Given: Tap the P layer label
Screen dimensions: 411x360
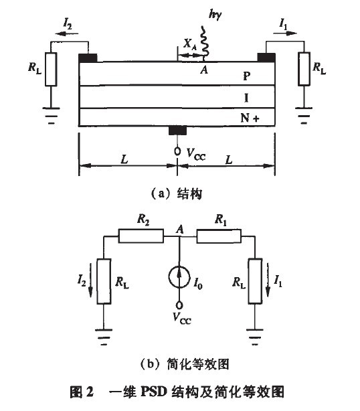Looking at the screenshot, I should pyautogui.click(x=246, y=77).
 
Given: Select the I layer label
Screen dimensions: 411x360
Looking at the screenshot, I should pyautogui.click(x=246, y=98).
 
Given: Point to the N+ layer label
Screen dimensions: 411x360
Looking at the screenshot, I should pyautogui.click(x=250, y=117).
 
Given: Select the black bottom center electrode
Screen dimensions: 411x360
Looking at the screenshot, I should pyautogui.click(x=177, y=130).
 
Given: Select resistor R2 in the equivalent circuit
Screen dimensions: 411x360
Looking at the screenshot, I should pyautogui.click(x=141, y=236).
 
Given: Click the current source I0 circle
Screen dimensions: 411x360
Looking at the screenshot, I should pyautogui.click(x=179, y=276).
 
